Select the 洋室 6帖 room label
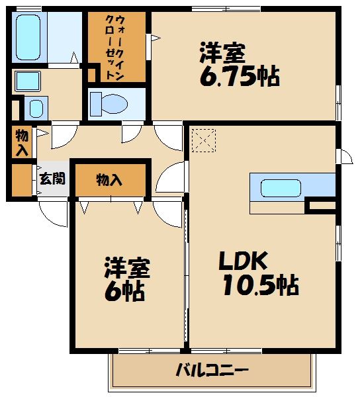point(126,279)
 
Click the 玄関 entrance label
point(52,179)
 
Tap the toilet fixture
point(109,103)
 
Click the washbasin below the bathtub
point(28,81)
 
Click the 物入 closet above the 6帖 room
point(109,179)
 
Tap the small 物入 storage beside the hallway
point(22,142)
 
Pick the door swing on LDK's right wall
point(343,156)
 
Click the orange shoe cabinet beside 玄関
point(22,180)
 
